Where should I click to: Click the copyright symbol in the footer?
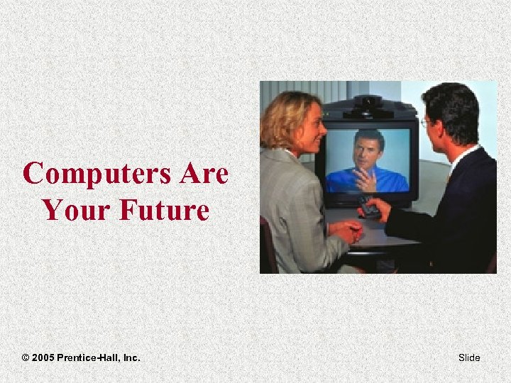coord(26,357)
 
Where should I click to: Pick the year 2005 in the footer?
coord(45,357)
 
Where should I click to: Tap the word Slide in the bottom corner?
coord(469,357)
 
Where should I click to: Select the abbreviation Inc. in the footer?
coord(132,357)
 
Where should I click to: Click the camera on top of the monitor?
coord(368,104)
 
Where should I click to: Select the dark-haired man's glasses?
coord(425,122)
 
